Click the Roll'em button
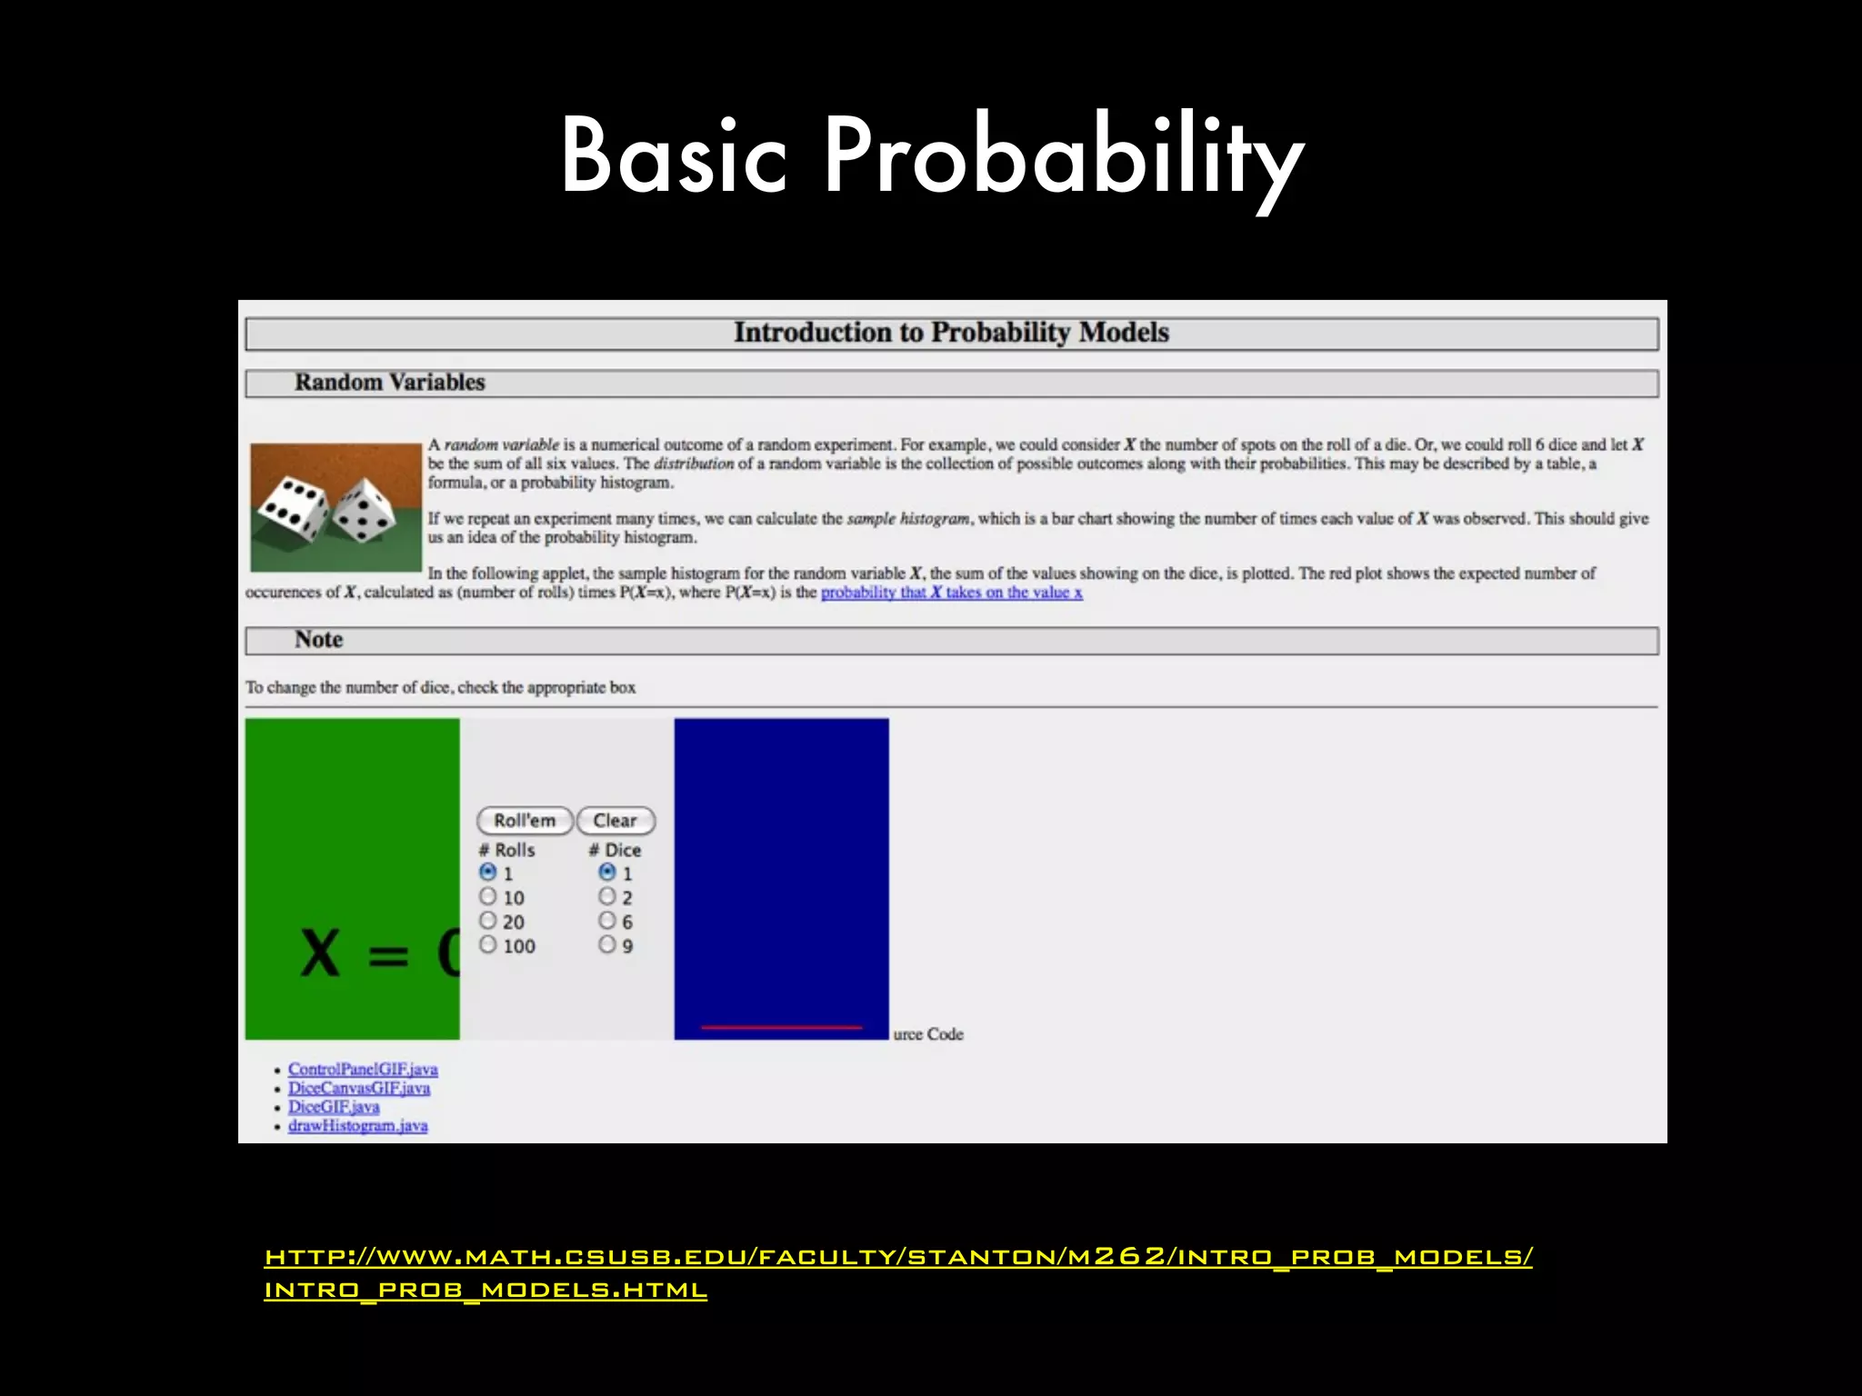point(525,821)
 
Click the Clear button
point(616,821)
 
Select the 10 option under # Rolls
point(488,897)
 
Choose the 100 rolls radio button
point(488,945)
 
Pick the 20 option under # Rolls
point(488,921)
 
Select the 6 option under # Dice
point(607,921)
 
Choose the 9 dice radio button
point(607,945)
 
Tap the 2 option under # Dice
point(607,897)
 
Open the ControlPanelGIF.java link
point(363,1070)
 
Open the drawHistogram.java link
point(357,1126)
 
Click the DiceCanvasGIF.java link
point(359,1089)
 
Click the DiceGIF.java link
point(334,1107)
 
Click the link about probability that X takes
point(951,593)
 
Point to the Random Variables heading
point(389,383)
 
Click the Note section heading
point(318,640)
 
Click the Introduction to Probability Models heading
point(951,333)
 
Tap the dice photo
point(335,507)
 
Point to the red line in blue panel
point(781,1027)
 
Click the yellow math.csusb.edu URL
point(897,1257)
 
